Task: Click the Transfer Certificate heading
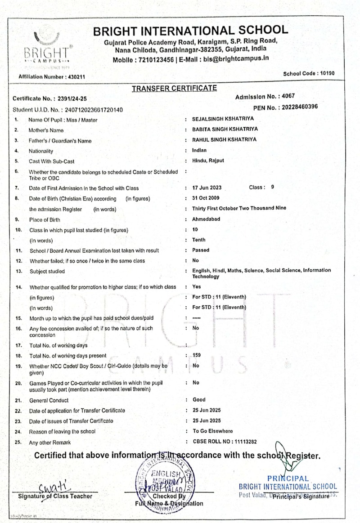point(174,88)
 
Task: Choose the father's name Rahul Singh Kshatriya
point(224,139)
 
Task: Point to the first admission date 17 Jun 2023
point(207,187)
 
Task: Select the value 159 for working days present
point(197,355)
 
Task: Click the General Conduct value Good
point(199,399)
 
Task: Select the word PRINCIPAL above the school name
point(288,478)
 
